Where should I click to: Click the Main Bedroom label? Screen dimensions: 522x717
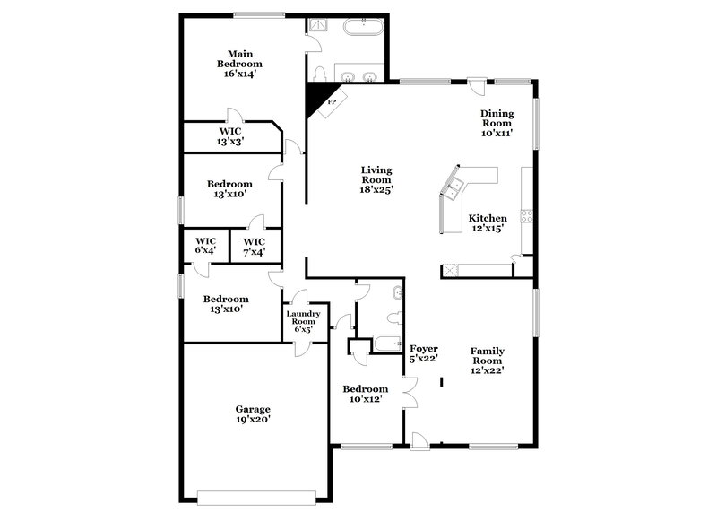click(x=239, y=64)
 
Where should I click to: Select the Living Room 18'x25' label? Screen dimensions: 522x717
click(x=376, y=179)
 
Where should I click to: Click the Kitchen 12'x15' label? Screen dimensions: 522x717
click(x=488, y=222)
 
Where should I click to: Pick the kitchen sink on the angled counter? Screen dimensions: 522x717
click(x=455, y=187)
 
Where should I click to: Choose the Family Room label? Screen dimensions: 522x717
click(x=488, y=360)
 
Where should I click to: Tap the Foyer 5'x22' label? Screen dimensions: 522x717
click(x=423, y=353)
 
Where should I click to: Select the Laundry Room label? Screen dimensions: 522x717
click(x=302, y=321)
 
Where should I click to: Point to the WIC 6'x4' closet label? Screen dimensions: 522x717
click(x=205, y=246)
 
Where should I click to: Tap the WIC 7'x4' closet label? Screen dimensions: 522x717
click(x=255, y=246)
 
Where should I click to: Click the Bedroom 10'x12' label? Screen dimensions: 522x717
click(x=366, y=394)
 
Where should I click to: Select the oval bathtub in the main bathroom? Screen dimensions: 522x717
click(x=364, y=28)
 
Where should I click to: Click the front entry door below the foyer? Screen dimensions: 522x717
click(x=419, y=439)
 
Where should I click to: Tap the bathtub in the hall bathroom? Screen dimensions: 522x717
click(x=387, y=343)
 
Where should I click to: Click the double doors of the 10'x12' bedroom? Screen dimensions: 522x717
click(x=410, y=390)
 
